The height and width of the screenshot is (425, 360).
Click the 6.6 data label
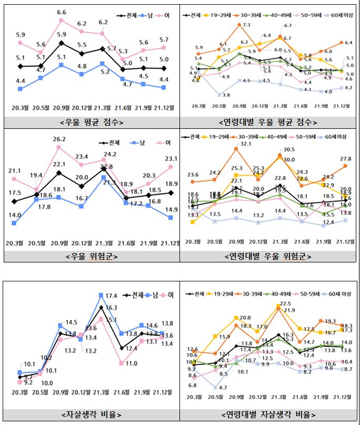click(62, 12)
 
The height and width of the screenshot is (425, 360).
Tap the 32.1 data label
click(242, 144)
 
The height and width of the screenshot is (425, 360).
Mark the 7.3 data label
click(246, 25)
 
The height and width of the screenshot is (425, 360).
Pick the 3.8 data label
click(226, 95)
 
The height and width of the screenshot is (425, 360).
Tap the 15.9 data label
click(225, 337)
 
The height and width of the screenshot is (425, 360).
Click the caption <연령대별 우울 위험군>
click(269, 256)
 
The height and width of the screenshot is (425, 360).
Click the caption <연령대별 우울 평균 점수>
click(269, 122)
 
